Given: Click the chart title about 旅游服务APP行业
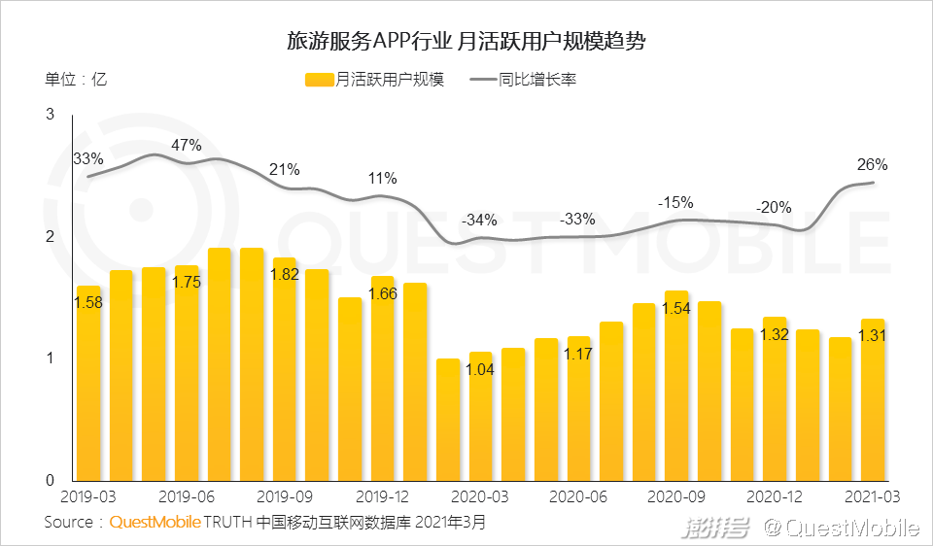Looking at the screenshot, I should [x=466, y=42].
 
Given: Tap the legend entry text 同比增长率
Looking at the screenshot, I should [x=537, y=80].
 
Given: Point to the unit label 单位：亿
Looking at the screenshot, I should [x=75, y=80].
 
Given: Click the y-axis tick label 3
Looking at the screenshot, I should [x=50, y=116].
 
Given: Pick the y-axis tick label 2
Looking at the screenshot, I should [x=50, y=237].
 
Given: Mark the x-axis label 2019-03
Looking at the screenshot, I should [x=88, y=496].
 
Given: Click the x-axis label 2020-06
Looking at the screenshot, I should [x=578, y=496].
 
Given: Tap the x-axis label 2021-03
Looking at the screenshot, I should [x=873, y=496].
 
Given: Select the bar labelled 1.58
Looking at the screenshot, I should [x=88, y=389].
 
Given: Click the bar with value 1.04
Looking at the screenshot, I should [x=481, y=418].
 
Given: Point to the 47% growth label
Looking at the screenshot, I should [x=186, y=146].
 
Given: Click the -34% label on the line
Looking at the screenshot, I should [x=479, y=219].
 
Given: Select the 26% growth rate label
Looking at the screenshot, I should [x=872, y=164].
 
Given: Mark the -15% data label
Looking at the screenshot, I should [x=675, y=203].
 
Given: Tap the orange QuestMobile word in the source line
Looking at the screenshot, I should [x=155, y=523].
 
